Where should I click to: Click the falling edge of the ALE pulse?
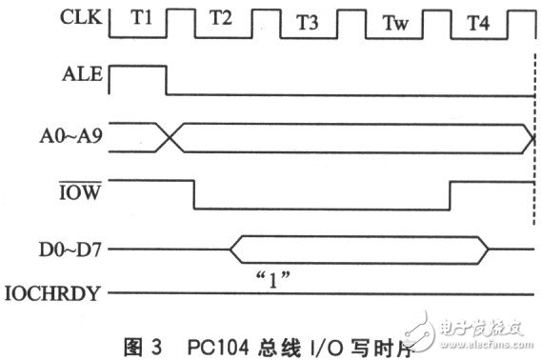pos(167,80)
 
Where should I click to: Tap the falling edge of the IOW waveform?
pos(194,193)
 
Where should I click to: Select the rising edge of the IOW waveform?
pos(450,193)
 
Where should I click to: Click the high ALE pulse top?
pos(138,67)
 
